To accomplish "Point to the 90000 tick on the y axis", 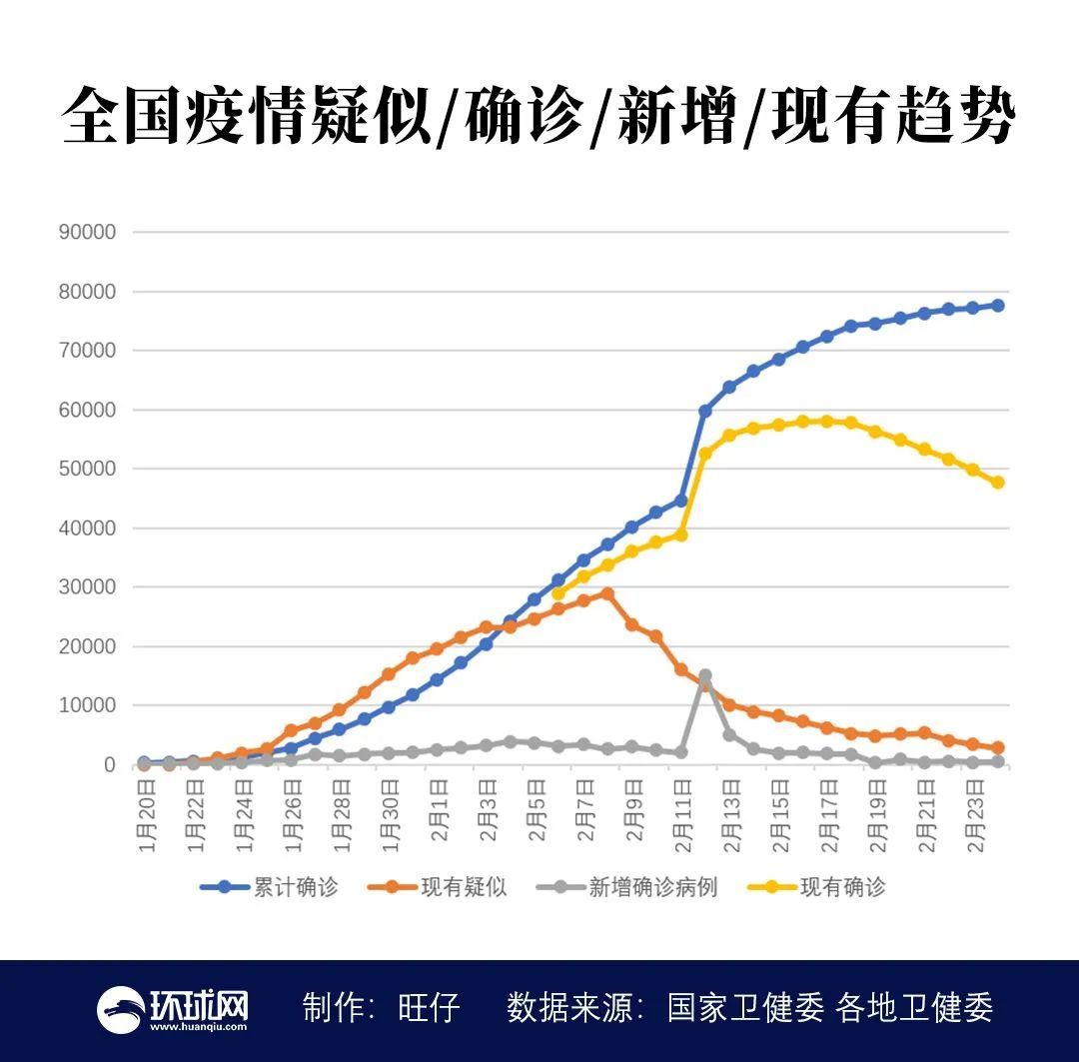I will pyautogui.click(x=88, y=232).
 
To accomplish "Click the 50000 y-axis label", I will pyautogui.click(x=88, y=469).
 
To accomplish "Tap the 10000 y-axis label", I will pyautogui.click(x=88, y=705).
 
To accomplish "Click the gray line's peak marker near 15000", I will pyautogui.click(x=705, y=676).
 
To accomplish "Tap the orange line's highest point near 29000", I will pyautogui.click(x=607, y=593).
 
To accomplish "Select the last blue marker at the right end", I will pyautogui.click(x=997, y=306).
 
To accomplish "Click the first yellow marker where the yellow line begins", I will pyautogui.click(x=558, y=593).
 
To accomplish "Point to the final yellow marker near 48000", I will pyautogui.click(x=997, y=483).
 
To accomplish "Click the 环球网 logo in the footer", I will pyautogui.click(x=172, y=1009).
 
